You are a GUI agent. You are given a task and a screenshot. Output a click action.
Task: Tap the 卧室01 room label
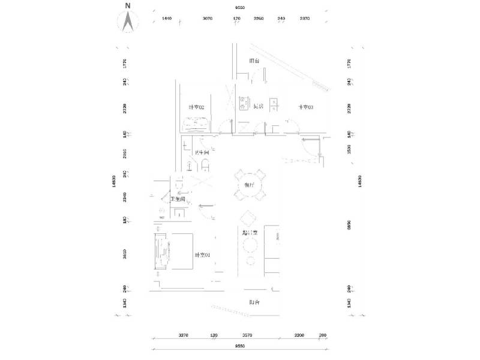point(202,255)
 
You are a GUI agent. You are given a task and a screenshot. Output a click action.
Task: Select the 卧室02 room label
point(197,107)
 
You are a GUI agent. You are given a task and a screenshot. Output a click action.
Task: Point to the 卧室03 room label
point(305,107)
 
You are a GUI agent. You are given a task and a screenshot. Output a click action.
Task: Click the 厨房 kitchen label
point(259,107)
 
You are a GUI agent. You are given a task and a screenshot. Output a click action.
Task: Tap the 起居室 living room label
point(250,233)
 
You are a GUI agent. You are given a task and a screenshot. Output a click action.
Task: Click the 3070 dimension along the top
point(208,19)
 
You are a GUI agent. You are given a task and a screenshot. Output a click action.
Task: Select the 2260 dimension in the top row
point(259,19)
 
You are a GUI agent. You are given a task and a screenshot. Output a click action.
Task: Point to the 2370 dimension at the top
point(304,19)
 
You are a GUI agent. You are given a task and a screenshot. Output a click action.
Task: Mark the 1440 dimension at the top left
point(167,19)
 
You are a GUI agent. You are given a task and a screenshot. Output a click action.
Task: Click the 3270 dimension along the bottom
point(184,335)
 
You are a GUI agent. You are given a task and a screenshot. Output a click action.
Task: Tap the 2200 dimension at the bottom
point(299,335)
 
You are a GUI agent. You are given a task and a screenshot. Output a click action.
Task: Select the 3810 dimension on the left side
point(125,254)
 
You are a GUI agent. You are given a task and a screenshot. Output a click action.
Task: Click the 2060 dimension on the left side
point(125,153)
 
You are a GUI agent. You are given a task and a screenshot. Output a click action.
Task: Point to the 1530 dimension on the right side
point(349,148)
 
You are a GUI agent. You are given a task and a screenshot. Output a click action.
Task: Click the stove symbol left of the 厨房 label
point(244,104)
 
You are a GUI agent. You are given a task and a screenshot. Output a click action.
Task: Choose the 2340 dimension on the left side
point(125,197)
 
